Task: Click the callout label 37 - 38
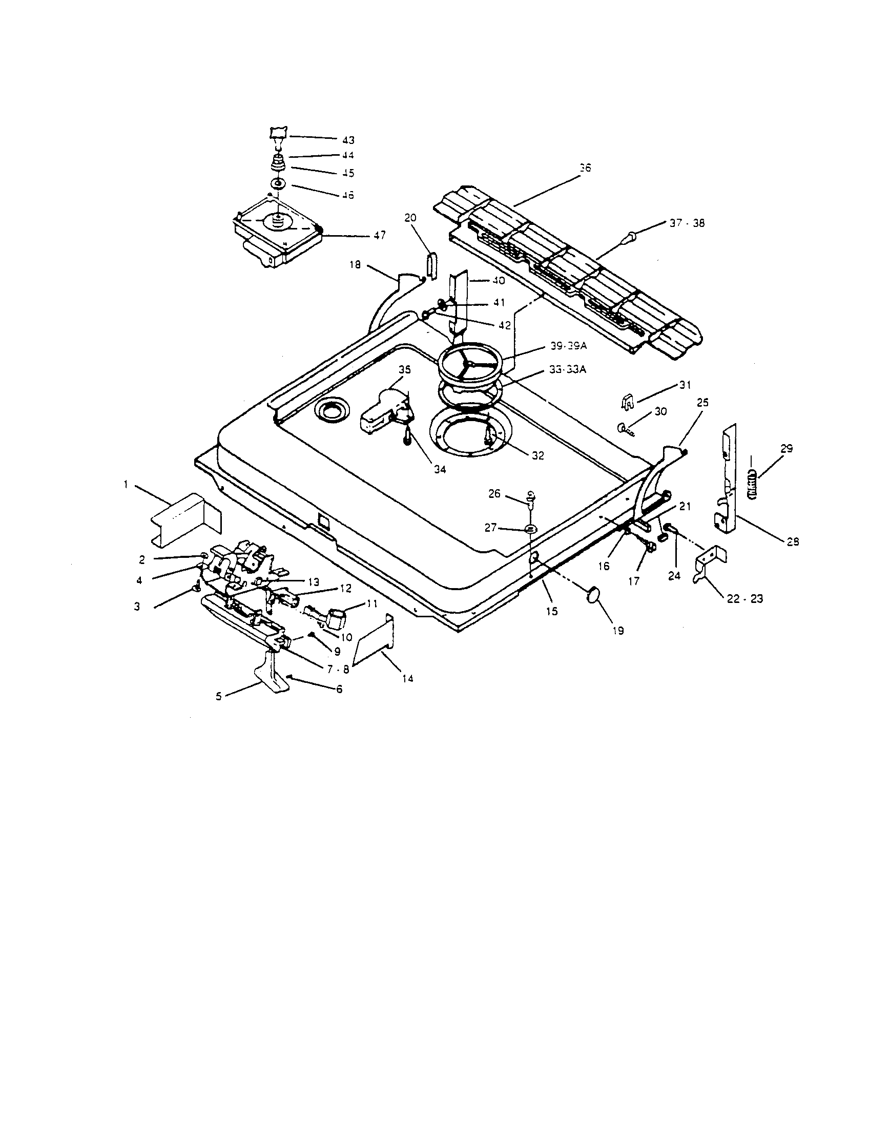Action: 687,223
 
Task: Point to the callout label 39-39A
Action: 568,346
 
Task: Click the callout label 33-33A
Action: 568,370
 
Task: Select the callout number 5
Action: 219,696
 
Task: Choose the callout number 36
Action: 585,168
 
